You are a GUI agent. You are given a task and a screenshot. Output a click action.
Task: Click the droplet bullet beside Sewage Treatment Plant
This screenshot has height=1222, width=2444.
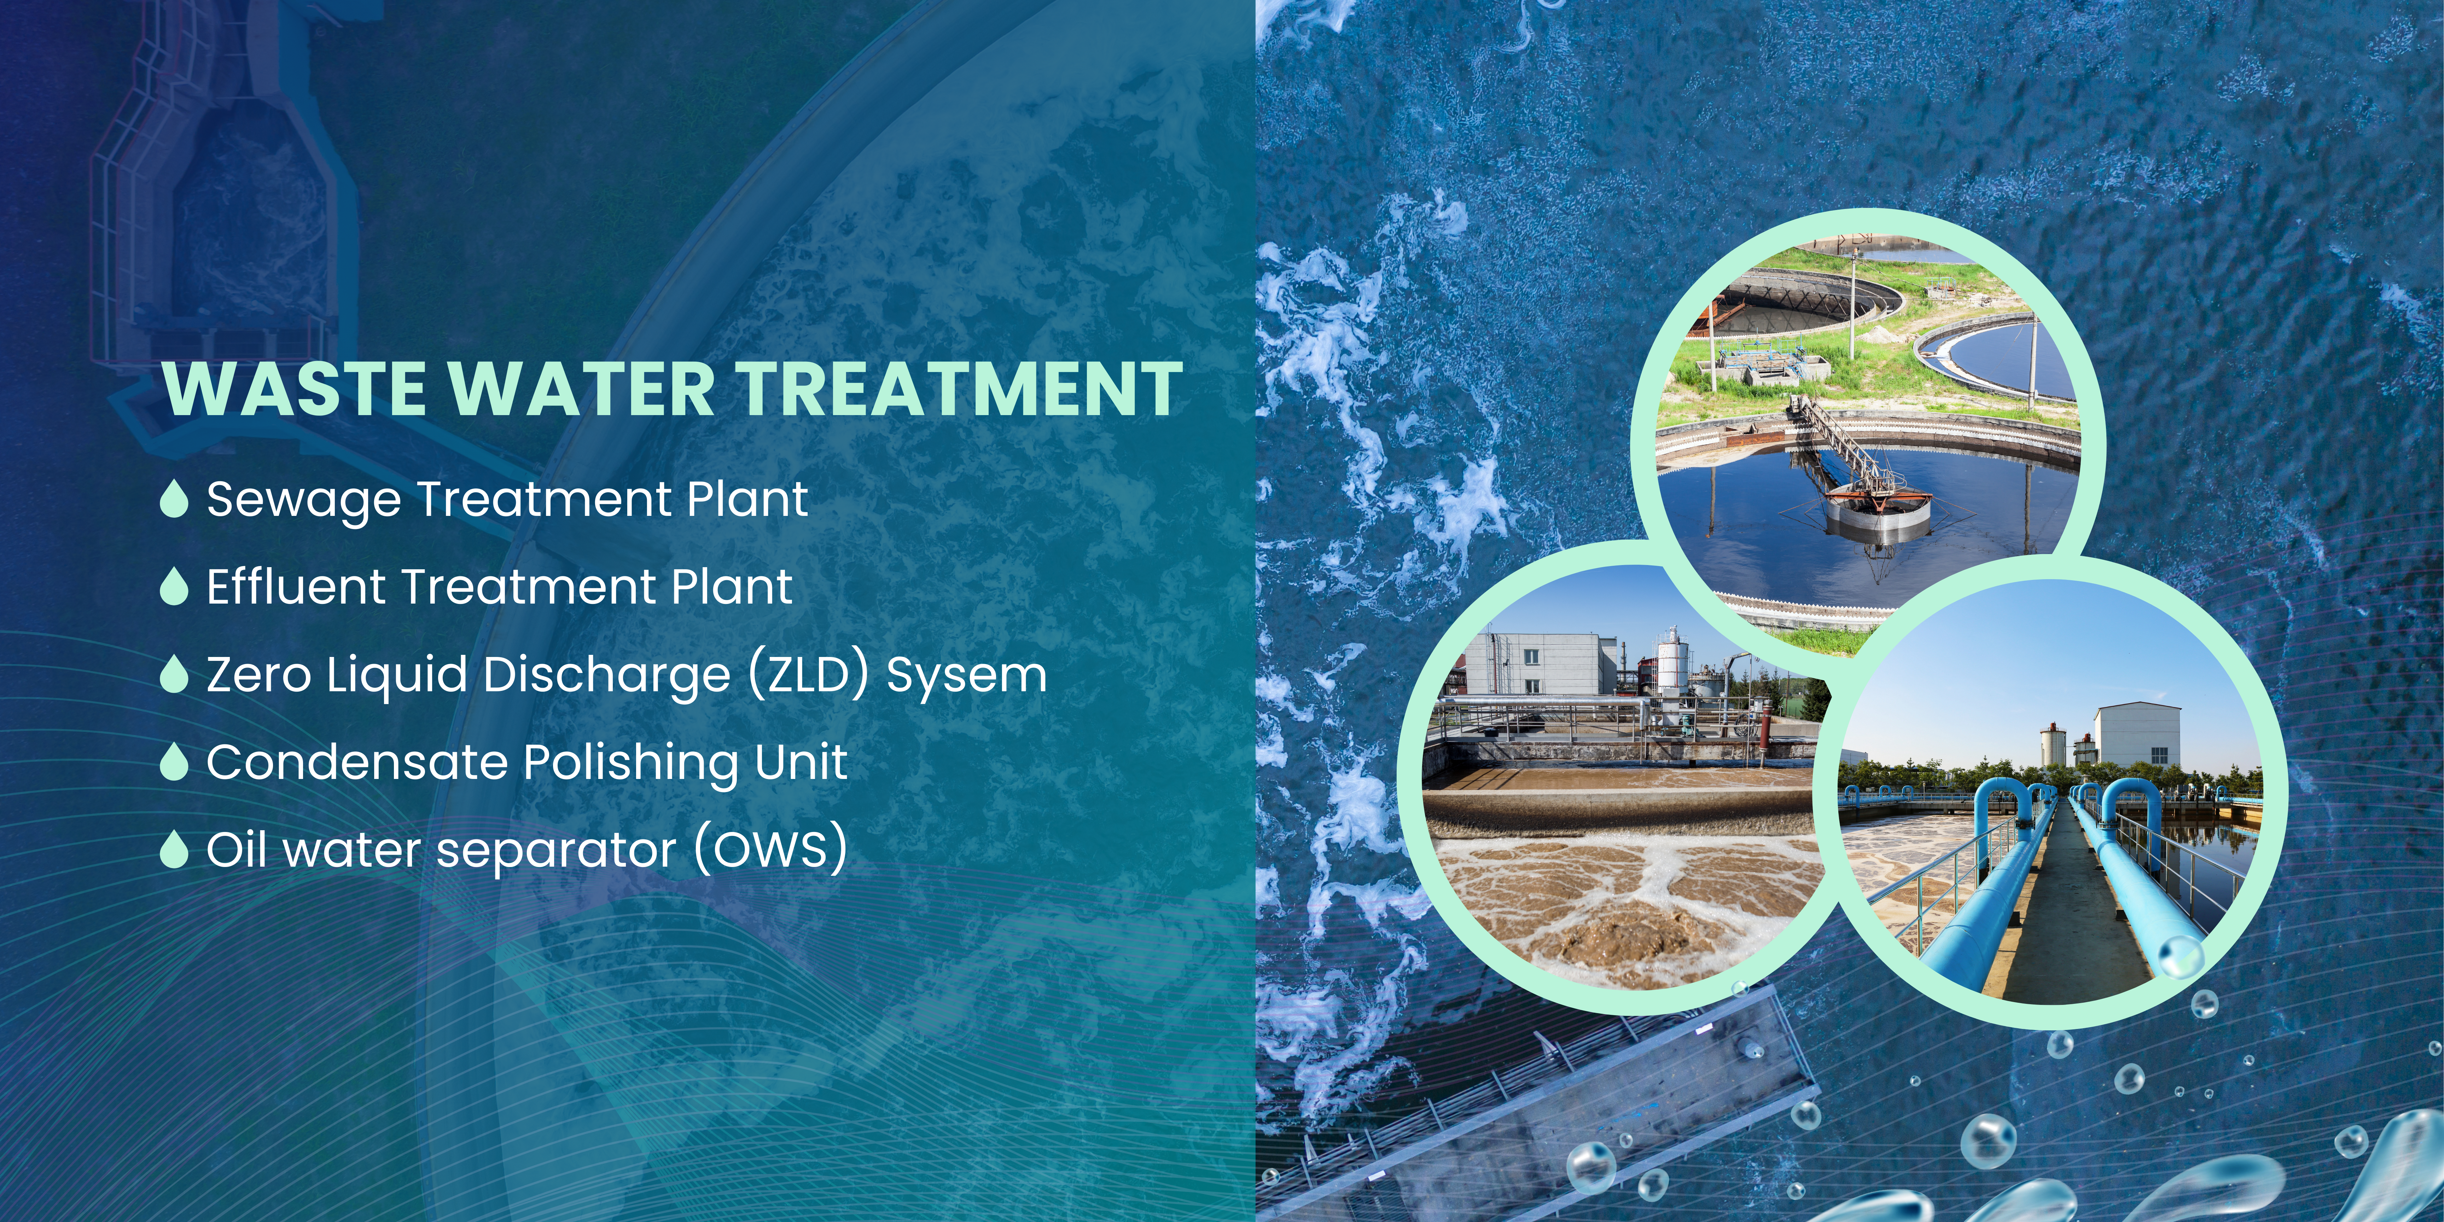point(174,499)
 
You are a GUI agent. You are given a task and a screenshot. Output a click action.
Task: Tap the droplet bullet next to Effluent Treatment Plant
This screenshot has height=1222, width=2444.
point(174,586)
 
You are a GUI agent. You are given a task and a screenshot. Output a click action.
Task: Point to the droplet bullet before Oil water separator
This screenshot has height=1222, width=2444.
point(174,849)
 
